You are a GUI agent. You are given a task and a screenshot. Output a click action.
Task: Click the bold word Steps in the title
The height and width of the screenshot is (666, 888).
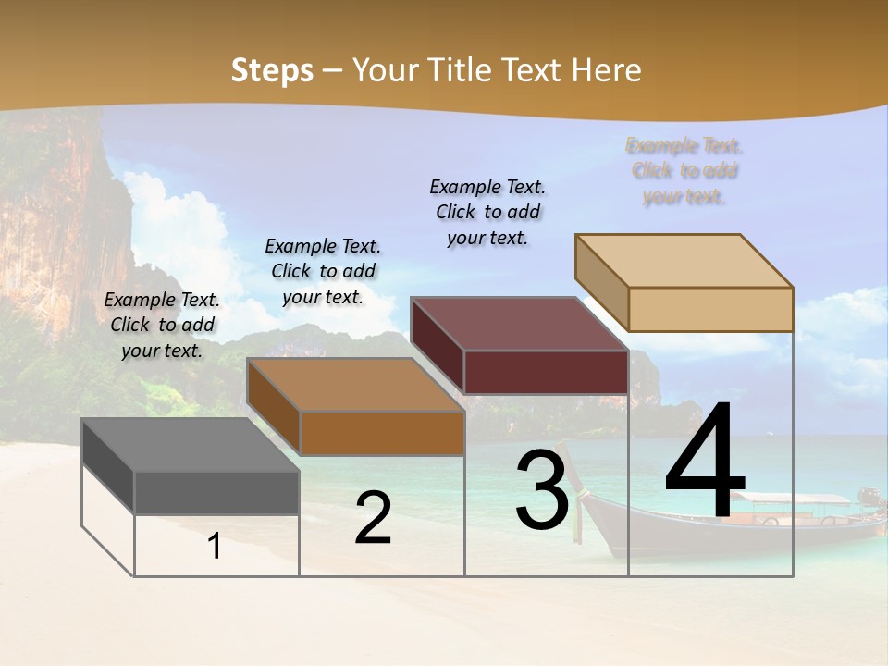[272, 70]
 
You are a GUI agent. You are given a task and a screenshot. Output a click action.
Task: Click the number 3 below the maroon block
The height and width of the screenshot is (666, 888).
[542, 490]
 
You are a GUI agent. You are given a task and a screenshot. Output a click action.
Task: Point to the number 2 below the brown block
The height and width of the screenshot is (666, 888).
[373, 518]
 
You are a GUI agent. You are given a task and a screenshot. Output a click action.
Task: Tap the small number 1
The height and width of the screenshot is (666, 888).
[215, 546]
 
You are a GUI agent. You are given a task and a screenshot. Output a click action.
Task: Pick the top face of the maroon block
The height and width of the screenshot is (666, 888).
[519, 324]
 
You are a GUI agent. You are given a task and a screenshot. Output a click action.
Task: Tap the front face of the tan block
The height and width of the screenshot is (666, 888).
[710, 309]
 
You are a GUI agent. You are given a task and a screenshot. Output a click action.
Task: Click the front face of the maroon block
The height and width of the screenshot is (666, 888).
[546, 372]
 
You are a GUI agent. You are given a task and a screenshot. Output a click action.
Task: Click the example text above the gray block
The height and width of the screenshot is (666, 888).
[162, 325]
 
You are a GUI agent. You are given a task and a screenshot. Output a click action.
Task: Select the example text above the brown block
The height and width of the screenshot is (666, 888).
[323, 271]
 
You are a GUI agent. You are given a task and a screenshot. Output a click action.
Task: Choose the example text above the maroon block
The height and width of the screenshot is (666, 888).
[487, 212]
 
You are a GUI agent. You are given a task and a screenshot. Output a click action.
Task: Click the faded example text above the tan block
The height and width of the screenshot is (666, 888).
[684, 171]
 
